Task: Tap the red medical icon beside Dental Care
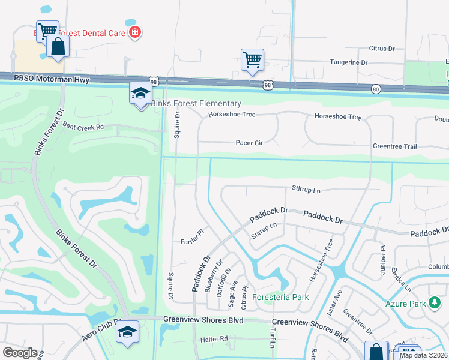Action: point(135,32)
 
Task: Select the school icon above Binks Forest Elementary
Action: point(140,93)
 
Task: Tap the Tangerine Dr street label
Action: point(349,62)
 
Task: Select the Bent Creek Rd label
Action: point(83,127)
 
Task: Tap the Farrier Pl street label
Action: point(193,241)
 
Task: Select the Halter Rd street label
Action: point(215,339)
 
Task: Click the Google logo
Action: point(20,352)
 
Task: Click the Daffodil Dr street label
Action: point(226,278)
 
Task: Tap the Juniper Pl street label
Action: point(381,255)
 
